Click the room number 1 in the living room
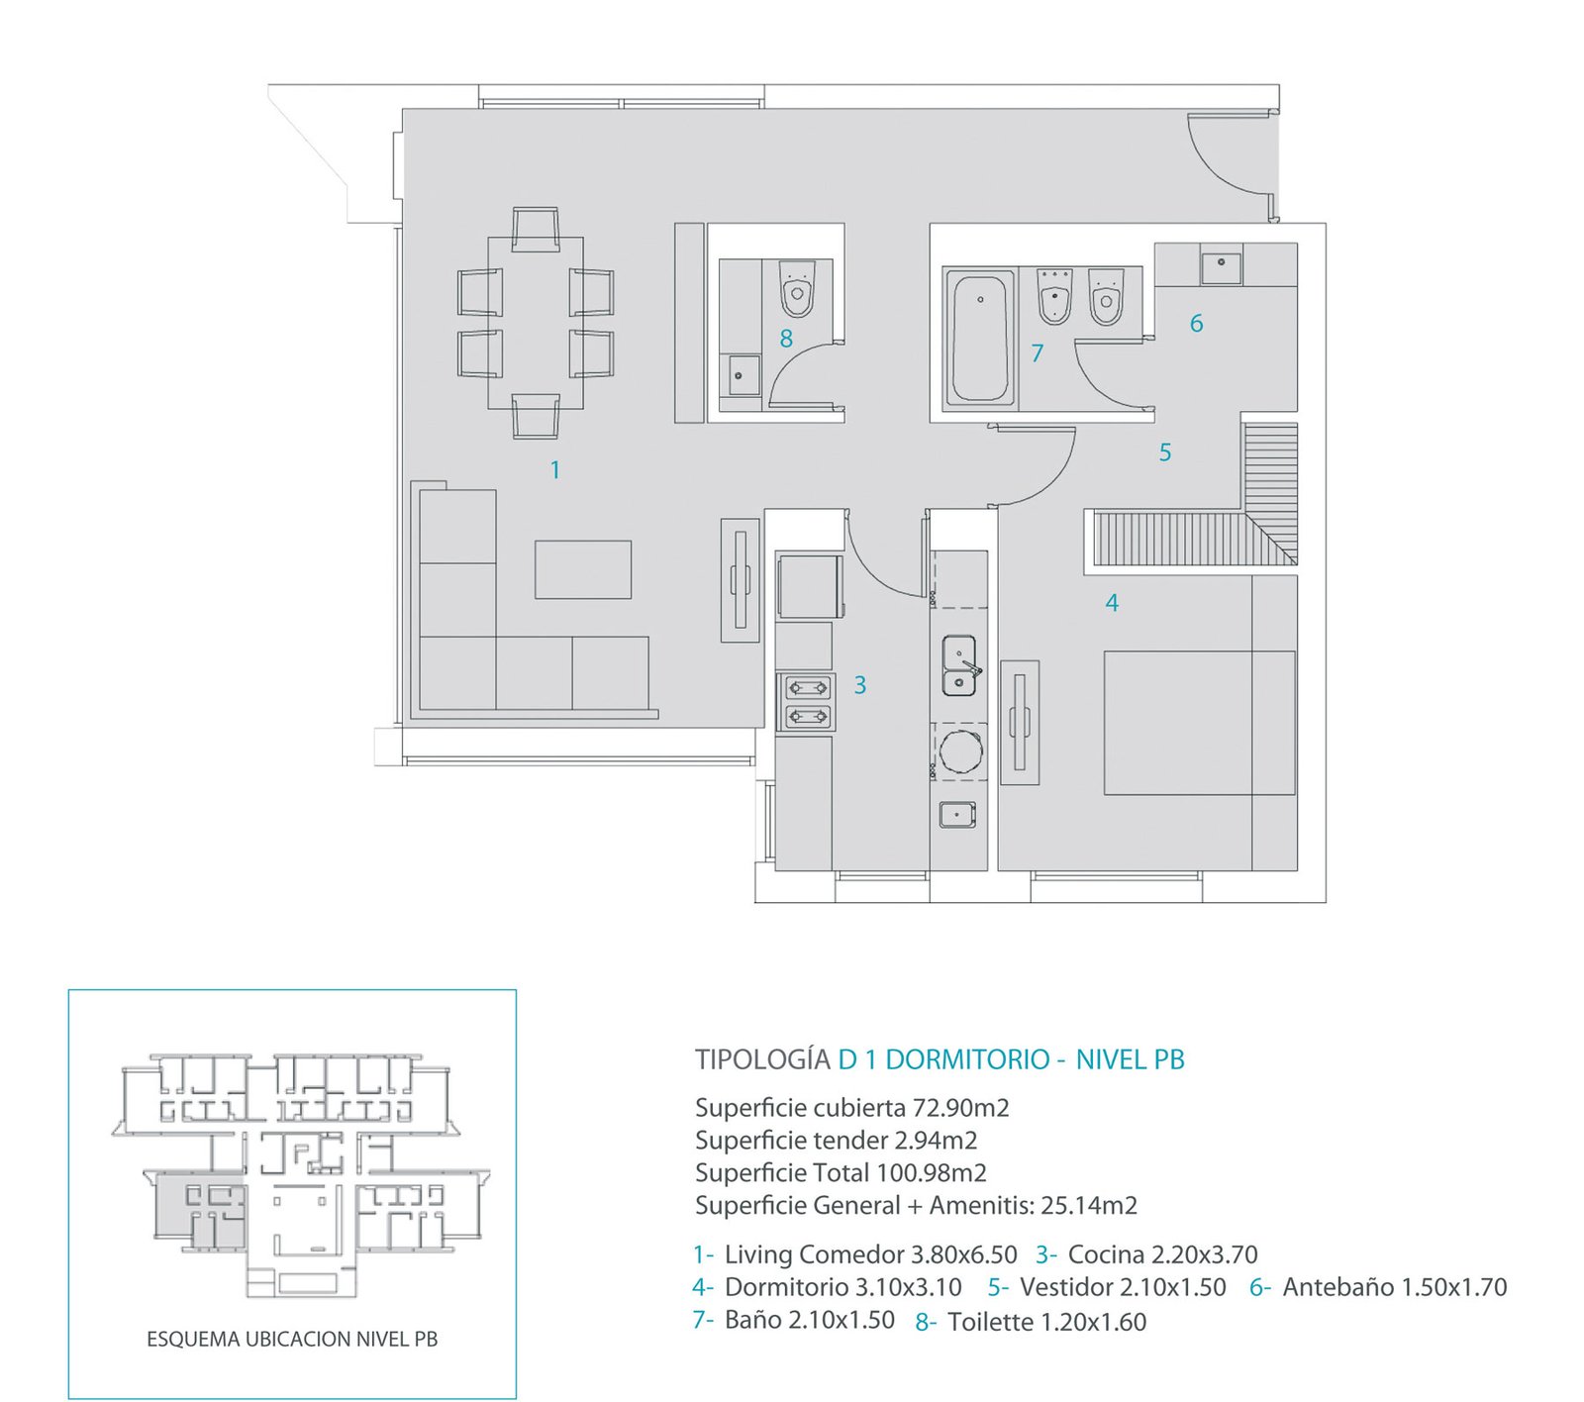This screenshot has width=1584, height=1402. [555, 469]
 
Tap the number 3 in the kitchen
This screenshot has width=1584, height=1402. [860, 684]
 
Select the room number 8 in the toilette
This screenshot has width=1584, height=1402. [786, 339]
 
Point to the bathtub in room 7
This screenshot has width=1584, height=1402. [980, 338]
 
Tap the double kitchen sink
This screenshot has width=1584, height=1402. [959, 665]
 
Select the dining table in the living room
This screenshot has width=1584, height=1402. [536, 323]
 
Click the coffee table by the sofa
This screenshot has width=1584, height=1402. [583, 569]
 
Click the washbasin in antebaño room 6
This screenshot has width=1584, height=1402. [1222, 264]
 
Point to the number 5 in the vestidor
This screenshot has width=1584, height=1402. [1165, 452]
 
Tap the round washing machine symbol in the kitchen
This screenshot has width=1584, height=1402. [960, 751]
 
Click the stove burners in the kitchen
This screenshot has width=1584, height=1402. [808, 701]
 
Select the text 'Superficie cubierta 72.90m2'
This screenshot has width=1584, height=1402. [852, 1108]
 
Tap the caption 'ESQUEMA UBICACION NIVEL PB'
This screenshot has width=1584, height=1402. [292, 1339]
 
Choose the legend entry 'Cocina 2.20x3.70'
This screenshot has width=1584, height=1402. [1163, 1254]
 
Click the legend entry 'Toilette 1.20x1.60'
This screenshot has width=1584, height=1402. [1047, 1322]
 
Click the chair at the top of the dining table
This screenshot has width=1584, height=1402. [536, 228]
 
